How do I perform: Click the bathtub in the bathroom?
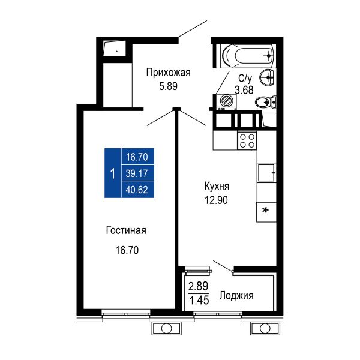pyautogui.click(x=247, y=56)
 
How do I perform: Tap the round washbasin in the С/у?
pyautogui.click(x=267, y=77)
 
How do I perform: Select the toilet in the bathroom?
pyautogui.click(x=266, y=102)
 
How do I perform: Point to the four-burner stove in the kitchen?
pyautogui.click(x=247, y=140)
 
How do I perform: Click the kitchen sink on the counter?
pyautogui.click(x=266, y=172)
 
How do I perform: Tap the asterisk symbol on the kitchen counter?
pyautogui.click(x=265, y=210)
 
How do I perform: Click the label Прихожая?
pyautogui.click(x=168, y=73)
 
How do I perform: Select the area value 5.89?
pyautogui.click(x=168, y=86)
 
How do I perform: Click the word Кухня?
pyautogui.click(x=217, y=186)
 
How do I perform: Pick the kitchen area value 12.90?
pyautogui.click(x=216, y=200)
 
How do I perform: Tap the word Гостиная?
pyautogui.click(x=126, y=230)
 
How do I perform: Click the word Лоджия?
pyautogui.click(x=236, y=295)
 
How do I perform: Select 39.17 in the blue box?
pyautogui.click(x=137, y=173)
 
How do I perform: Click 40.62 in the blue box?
pyautogui.click(x=137, y=190)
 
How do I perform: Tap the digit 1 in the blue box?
pyautogui.click(x=113, y=173)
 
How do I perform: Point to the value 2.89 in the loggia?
pyautogui.click(x=199, y=286)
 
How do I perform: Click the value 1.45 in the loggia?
pyautogui.click(x=199, y=300)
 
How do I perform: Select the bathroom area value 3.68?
pyautogui.click(x=244, y=90)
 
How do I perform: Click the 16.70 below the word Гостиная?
pyautogui.click(x=127, y=250)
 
